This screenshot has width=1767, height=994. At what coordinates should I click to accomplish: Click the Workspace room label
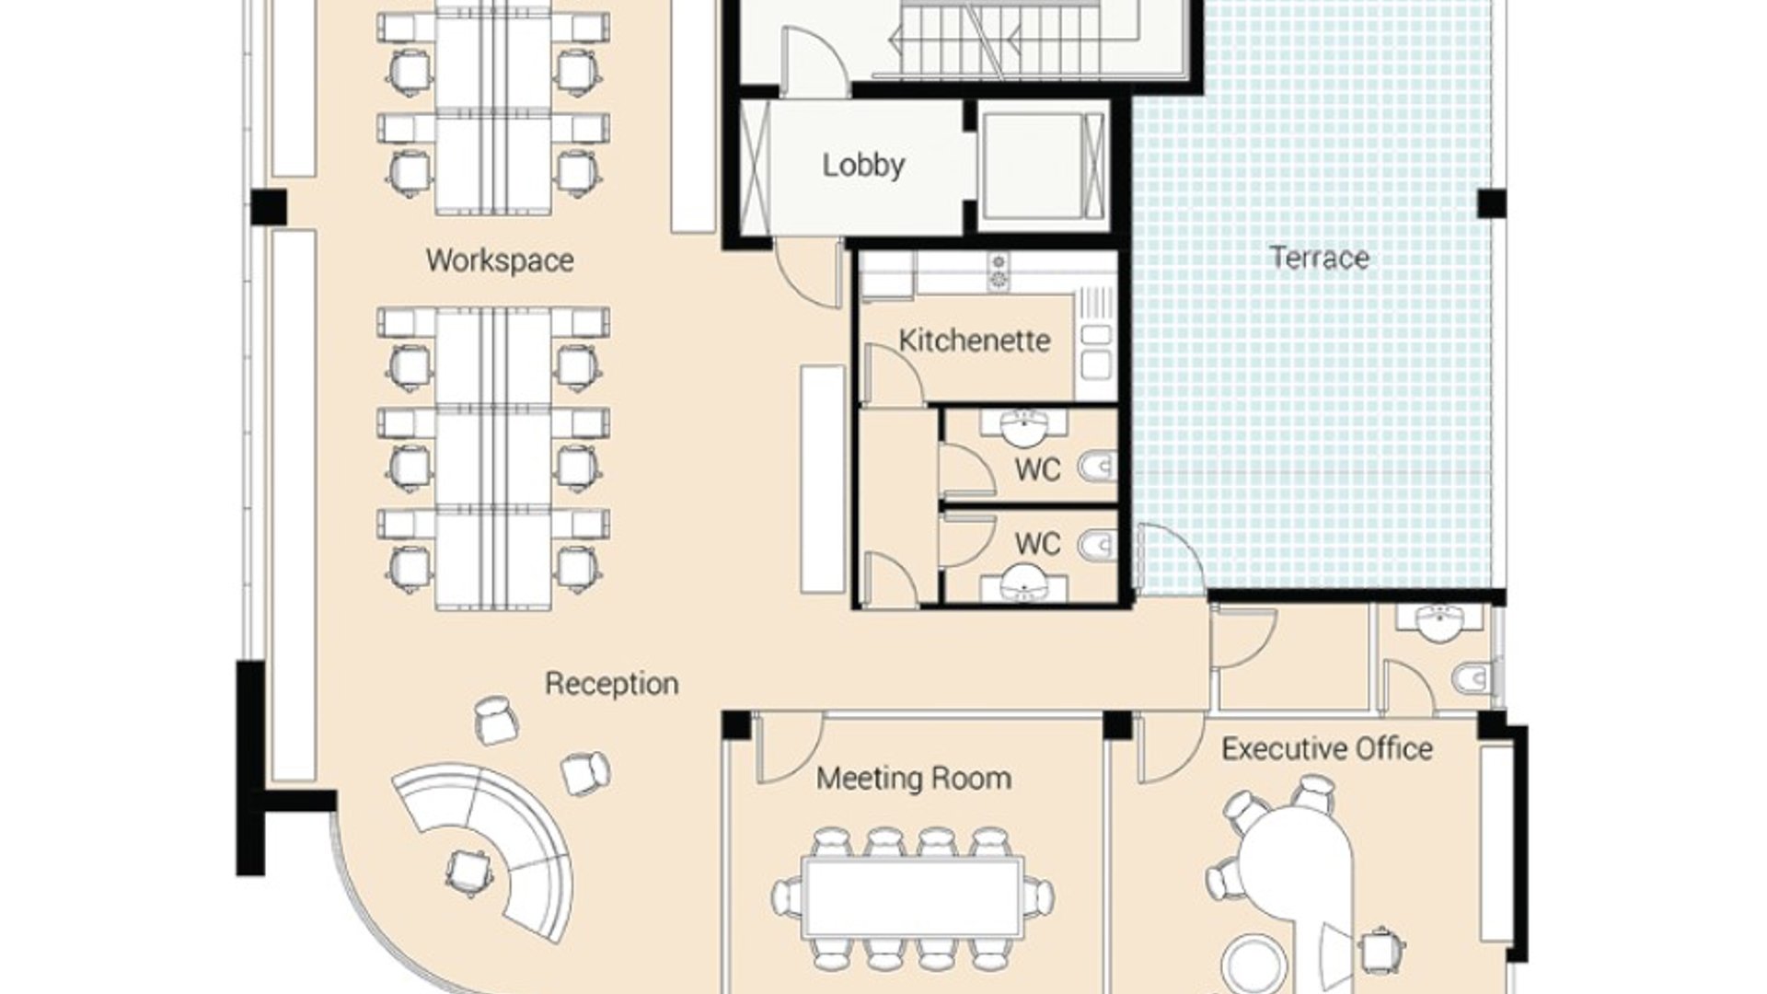tap(500, 260)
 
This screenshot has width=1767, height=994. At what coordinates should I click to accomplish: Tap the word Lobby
tap(863, 166)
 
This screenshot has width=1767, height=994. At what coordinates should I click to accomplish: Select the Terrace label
tap(1319, 258)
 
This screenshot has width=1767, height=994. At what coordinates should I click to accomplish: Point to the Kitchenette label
tap(975, 341)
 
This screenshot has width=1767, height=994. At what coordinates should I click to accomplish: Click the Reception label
tap(612, 684)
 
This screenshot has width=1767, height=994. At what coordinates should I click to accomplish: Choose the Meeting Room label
tap(914, 779)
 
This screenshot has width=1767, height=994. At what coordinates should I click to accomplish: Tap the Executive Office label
tap(1327, 749)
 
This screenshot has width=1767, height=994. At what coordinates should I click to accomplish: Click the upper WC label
tap(1037, 470)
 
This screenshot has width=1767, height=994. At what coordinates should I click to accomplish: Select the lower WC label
tap(1037, 544)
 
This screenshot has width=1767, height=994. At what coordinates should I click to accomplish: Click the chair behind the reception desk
tap(468, 872)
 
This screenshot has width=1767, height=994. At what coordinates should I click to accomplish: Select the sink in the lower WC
tap(1023, 581)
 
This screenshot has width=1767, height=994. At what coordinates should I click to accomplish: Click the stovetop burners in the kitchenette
tap(999, 272)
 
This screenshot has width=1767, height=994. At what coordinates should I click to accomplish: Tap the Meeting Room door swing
tap(788, 747)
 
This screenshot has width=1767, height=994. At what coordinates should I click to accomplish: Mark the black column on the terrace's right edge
tap(1492, 203)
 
